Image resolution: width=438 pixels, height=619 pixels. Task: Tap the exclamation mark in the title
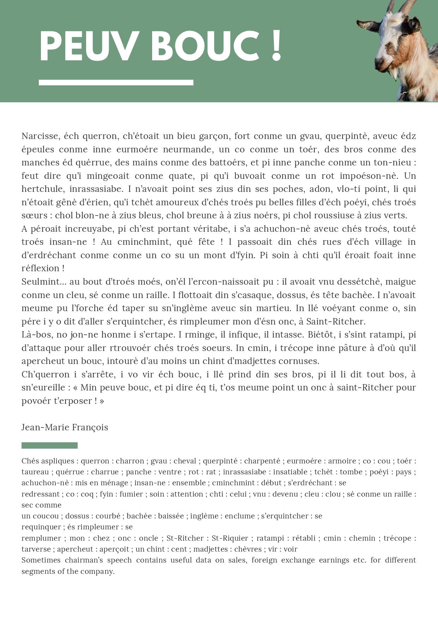277,46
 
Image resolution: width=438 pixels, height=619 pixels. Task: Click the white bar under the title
116,83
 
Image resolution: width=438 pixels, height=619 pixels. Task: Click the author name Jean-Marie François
65,427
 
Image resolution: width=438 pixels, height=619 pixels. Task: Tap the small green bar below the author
49,445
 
